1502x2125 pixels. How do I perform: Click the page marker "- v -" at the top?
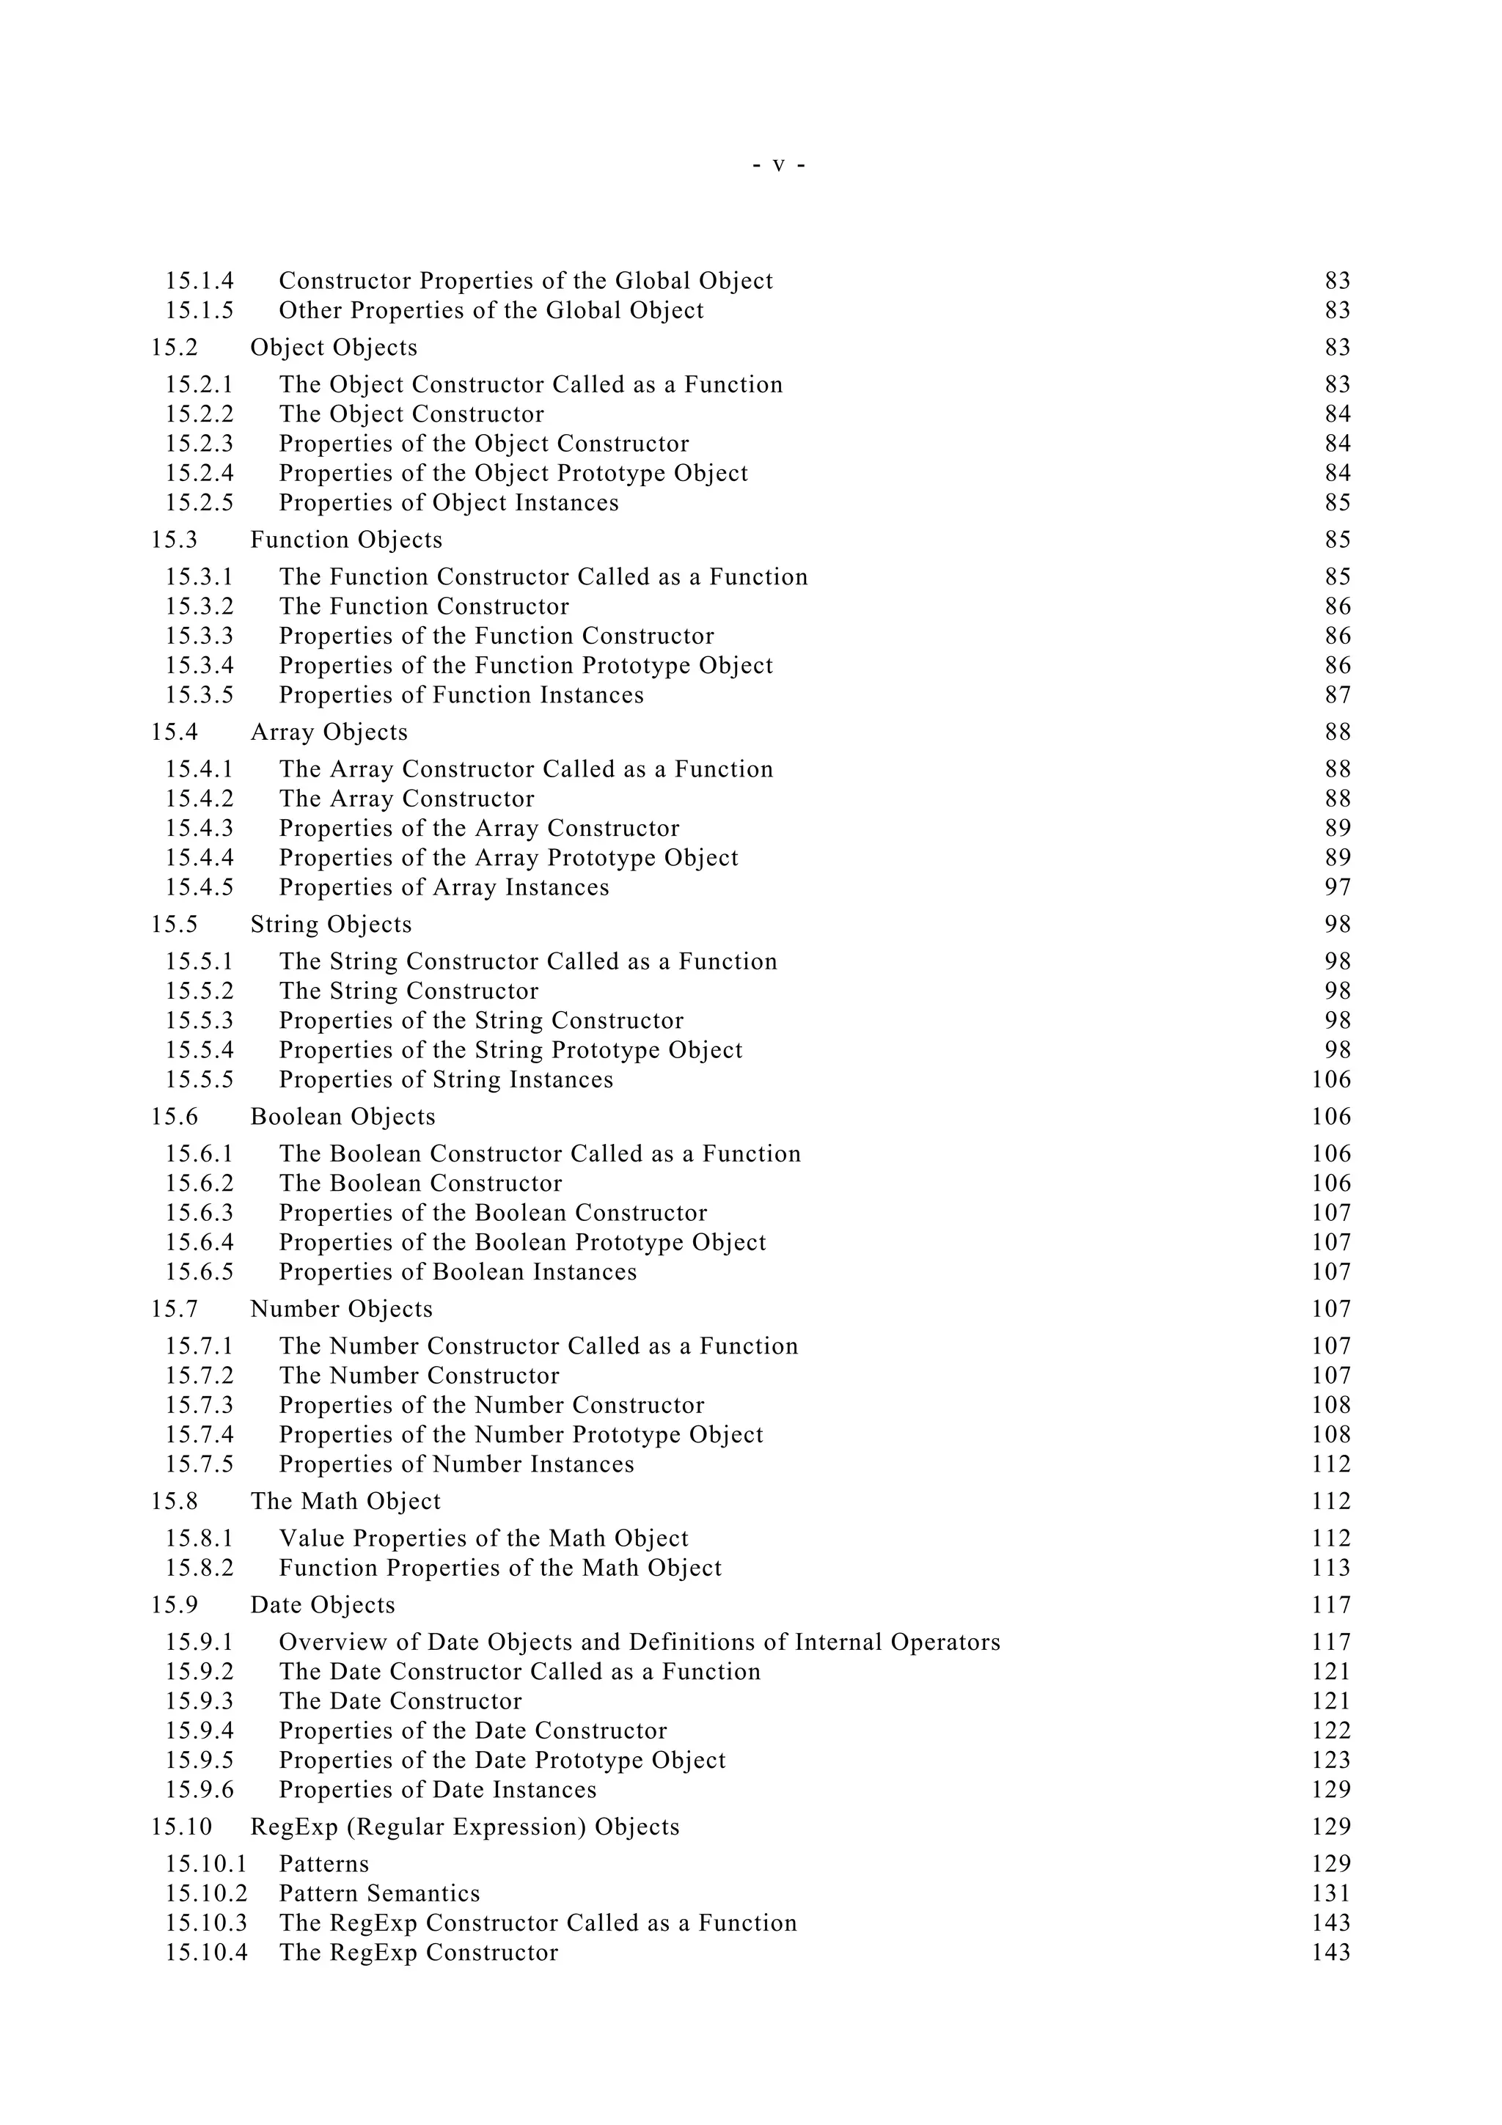tap(778, 166)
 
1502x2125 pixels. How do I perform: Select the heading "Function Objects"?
tap(346, 540)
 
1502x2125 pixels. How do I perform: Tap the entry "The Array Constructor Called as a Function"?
tap(526, 769)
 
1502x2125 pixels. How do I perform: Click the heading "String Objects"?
tap(330, 925)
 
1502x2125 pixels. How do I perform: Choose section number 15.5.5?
tap(199, 1080)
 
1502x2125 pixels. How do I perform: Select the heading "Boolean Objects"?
tap(342, 1117)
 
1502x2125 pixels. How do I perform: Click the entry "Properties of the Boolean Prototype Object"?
tap(522, 1243)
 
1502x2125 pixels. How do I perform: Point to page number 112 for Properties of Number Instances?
tap(1331, 1465)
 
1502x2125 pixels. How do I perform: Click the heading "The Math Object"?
tap(345, 1502)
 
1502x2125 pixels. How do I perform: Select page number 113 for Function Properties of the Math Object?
tap(1331, 1568)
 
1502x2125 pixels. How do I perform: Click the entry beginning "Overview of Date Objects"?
tap(639, 1643)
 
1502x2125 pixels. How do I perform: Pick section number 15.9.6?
tap(199, 1791)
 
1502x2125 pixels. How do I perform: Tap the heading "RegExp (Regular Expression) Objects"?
tap(464, 1828)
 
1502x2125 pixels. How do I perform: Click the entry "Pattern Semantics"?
tap(379, 1895)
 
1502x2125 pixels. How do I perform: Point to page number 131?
tap(1331, 1895)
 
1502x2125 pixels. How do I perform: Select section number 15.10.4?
tap(205, 1953)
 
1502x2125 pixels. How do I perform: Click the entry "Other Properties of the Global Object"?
tap(491, 310)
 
